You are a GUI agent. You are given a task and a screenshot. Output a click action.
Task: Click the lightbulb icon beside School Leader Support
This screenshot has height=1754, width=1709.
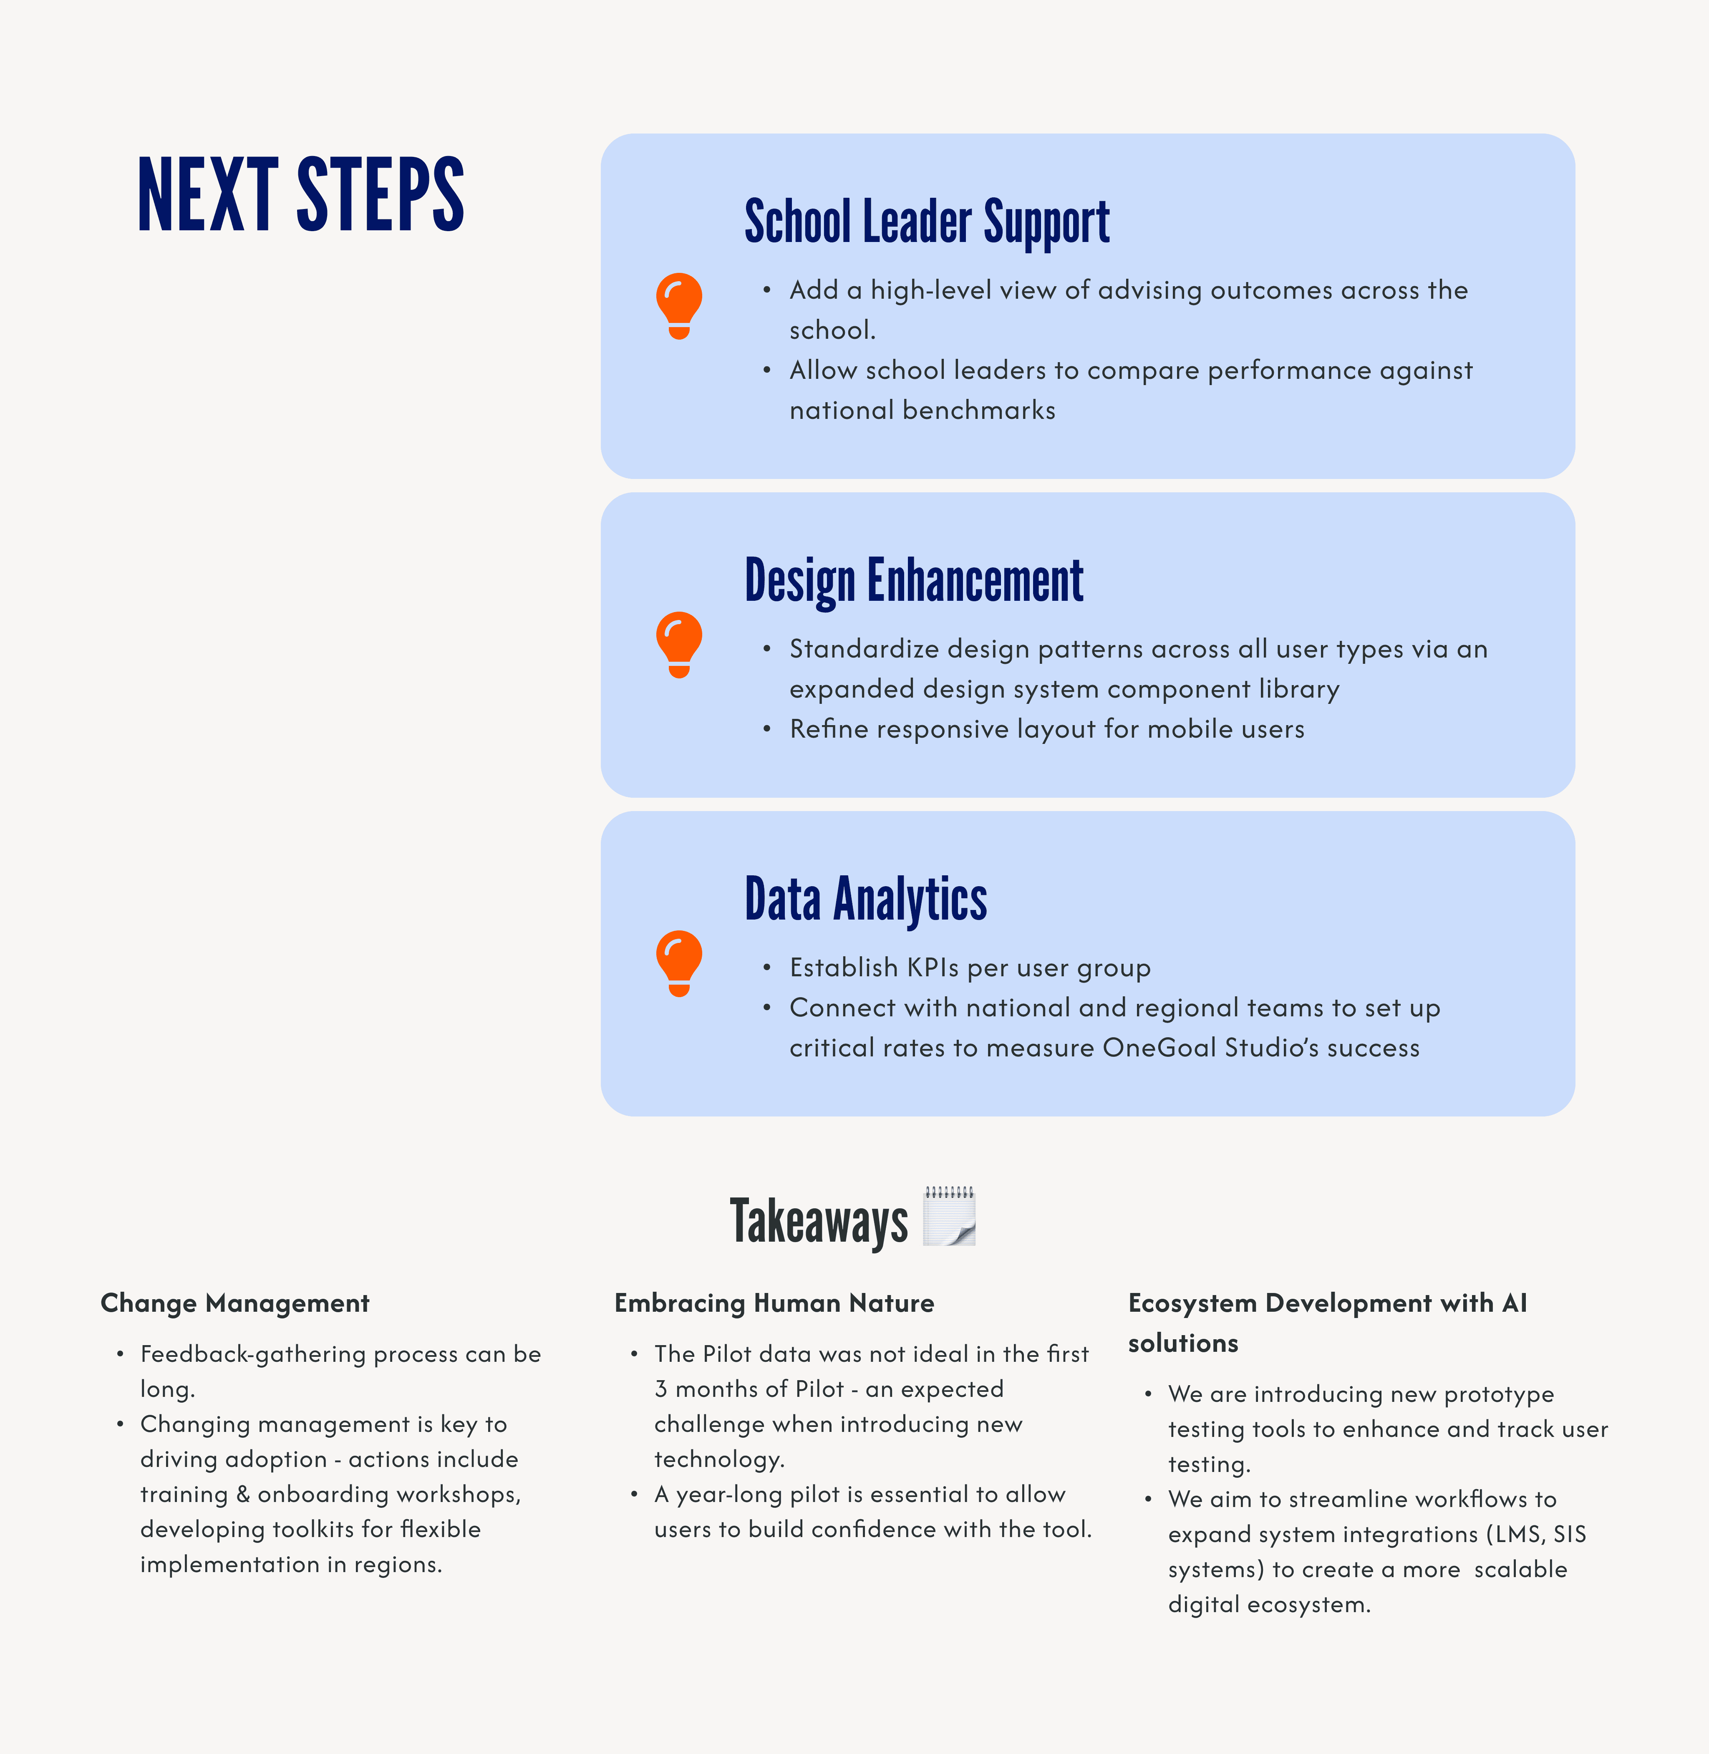coord(680,305)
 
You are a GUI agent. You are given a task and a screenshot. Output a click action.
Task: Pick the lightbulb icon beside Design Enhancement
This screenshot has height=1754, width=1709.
coord(680,645)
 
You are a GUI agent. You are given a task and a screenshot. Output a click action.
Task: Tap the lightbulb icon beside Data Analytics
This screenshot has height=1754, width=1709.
coord(680,963)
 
